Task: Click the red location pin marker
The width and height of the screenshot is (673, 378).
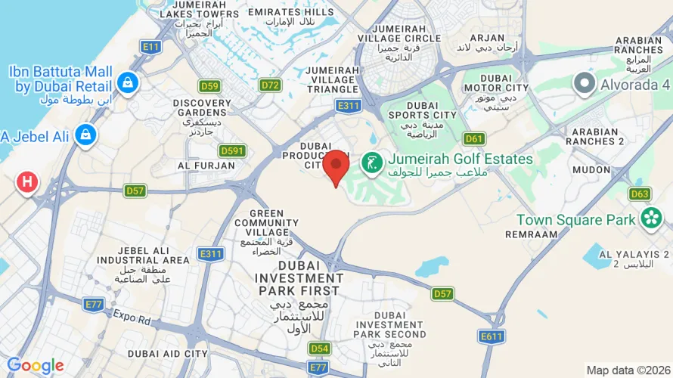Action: tap(336, 165)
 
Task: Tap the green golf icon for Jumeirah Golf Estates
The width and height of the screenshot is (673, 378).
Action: tap(371, 161)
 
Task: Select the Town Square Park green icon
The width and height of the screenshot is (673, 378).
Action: tap(650, 219)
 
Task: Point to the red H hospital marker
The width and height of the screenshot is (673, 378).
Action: tap(27, 181)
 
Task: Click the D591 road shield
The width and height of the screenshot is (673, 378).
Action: tap(232, 150)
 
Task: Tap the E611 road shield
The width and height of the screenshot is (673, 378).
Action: tap(492, 335)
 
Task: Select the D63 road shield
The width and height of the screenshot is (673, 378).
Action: tap(640, 194)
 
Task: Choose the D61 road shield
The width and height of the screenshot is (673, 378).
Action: tap(474, 138)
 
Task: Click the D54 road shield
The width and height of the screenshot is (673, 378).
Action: tap(319, 348)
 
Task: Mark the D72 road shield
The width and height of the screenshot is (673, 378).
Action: tap(270, 85)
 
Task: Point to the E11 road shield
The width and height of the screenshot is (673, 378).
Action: tap(151, 47)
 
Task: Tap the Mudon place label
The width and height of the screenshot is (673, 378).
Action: tap(591, 170)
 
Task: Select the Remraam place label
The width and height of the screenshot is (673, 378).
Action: tap(532, 234)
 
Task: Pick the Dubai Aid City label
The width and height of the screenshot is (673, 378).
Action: tap(168, 353)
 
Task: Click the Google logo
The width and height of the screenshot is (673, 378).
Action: tap(35, 366)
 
